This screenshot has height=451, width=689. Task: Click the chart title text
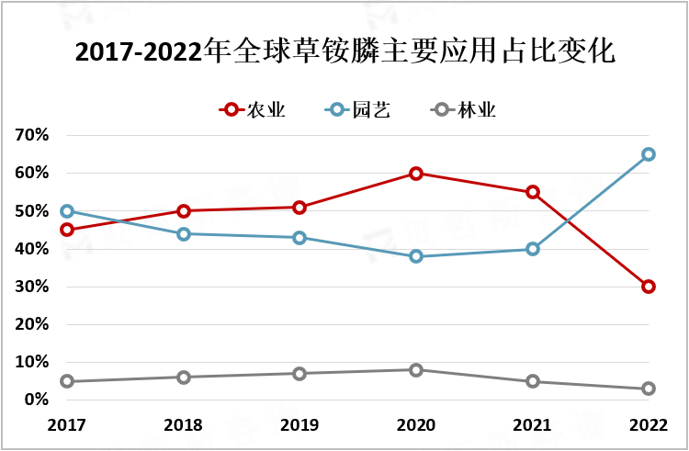[x=344, y=51]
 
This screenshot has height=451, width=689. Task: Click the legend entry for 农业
[x=254, y=110]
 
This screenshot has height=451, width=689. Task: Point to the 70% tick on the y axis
[x=31, y=135]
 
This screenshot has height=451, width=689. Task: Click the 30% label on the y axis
[x=31, y=287]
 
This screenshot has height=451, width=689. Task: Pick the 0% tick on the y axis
[x=35, y=400]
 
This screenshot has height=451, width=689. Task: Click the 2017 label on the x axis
[x=67, y=425]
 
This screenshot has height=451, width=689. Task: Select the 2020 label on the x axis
[x=416, y=425]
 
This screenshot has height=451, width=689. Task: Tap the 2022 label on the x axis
[x=649, y=425]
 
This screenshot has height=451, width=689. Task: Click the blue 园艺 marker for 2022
[x=649, y=154]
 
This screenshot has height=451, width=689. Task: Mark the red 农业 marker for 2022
[x=649, y=287]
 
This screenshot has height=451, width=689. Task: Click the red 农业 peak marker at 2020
[x=416, y=173]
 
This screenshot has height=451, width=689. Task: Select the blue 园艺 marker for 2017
[x=67, y=211]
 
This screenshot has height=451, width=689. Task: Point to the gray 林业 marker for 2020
[x=416, y=369]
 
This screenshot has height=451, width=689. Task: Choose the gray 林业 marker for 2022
[x=649, y=389]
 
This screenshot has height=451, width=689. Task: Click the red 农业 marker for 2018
[x=184, y=211]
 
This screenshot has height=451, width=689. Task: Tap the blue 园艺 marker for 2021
[x=533, y=249]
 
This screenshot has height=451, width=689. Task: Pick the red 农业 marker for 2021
[x=533, y=192]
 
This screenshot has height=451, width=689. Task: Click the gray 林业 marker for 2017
[x=67, y=381]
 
